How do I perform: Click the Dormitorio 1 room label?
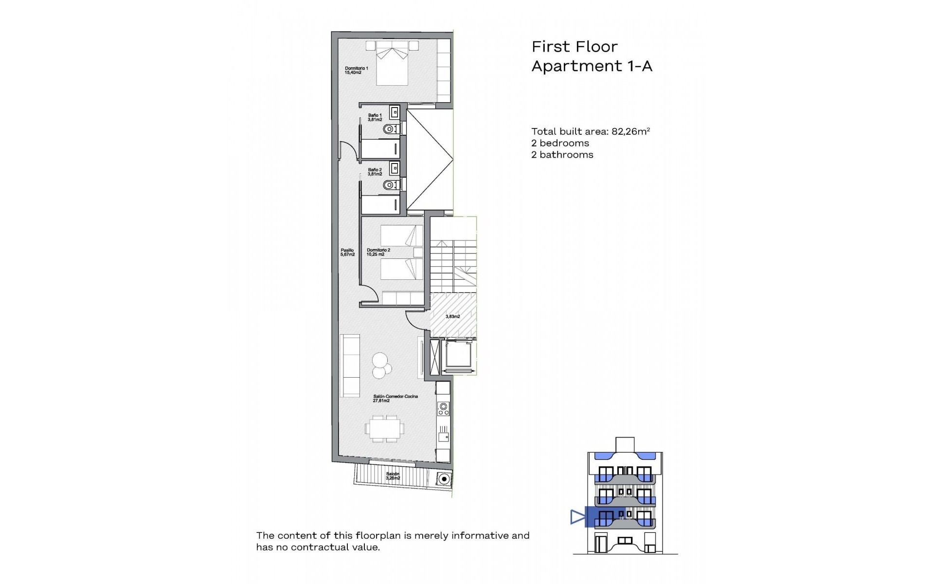(x=356, y=71)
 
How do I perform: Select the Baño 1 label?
(x=375, y=117)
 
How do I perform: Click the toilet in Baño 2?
(x=389, y=185)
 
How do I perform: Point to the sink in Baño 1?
(x=395, y=112)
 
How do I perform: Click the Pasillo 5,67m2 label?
(x=347, y=252)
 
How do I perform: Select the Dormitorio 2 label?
(x=378, y=252)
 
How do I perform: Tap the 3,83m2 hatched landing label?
(x=452, y=316)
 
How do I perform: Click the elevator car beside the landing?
(x=458, y=356)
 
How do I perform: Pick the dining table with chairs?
(x=384, y=428)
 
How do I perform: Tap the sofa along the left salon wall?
(x=349, y=365)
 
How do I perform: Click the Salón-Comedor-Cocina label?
(x=395, y=399)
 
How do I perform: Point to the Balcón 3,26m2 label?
(x=393, y=476)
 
